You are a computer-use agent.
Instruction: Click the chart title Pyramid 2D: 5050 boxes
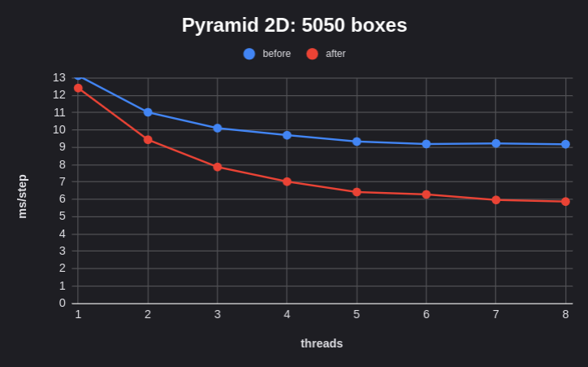294,25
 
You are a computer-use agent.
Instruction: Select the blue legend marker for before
249,54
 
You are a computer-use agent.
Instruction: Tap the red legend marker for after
312,54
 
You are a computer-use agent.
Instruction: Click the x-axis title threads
322,343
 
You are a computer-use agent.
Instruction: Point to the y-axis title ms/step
22,196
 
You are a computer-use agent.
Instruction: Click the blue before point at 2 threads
148,112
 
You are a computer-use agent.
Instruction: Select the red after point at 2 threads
148,140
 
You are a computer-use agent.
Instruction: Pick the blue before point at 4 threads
287,135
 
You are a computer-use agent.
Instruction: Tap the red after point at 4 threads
287,181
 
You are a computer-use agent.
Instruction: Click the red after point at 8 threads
565,201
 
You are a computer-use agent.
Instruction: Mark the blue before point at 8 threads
565,144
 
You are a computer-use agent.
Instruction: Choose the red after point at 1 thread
78,88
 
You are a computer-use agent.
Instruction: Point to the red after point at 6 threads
426,194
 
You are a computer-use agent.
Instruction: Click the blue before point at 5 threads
357,142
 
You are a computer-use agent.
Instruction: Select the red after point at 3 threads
218,167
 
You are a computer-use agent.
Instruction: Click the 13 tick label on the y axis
59,77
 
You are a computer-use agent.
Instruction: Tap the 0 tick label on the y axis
63,304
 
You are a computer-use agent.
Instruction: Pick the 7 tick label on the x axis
495,314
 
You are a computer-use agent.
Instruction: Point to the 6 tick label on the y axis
63,199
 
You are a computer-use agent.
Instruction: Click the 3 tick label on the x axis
218,314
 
